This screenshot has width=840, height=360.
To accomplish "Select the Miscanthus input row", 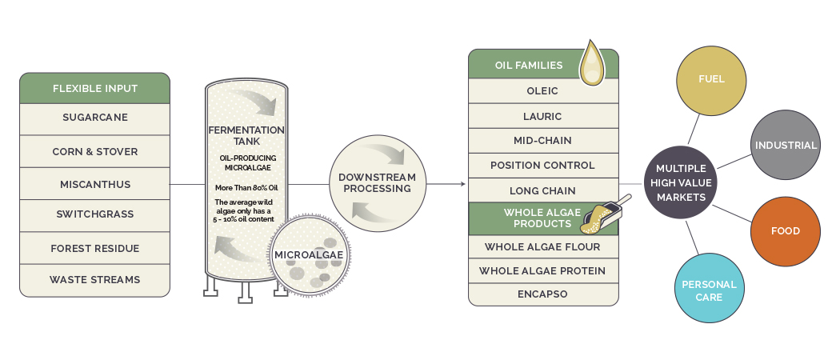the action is click(x=95, y=184).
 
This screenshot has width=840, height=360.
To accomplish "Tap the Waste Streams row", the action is click(x=95, y=280).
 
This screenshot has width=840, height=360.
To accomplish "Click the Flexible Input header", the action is click(x=95, y=88).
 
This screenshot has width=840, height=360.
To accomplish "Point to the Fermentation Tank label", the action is click(x=246, y=135).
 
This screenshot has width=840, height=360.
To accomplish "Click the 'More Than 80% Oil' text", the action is click(x=246, y=188).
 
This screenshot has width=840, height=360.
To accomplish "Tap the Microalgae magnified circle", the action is click(x=309, y=255).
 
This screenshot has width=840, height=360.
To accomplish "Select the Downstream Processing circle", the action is click(x=377, y=183).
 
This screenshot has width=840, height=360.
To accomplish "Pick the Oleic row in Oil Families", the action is click(x=543, y=91).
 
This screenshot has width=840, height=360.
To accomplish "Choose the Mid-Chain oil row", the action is click(x=543, y=140).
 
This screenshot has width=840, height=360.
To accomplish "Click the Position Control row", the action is click(x=543, y=166).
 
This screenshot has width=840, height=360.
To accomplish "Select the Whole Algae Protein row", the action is click(x=543, y=270).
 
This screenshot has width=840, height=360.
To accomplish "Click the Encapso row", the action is click(x=543, y=294).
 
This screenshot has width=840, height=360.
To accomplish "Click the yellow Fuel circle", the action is click(x=711, y=80).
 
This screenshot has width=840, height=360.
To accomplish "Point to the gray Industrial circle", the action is click(x=786, y=145).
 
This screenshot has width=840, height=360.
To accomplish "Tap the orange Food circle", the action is click(x=786, y=231).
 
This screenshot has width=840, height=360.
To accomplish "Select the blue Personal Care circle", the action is click(x=710, y=288).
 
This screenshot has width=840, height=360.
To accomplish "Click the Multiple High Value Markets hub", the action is click(x=680, y=182).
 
